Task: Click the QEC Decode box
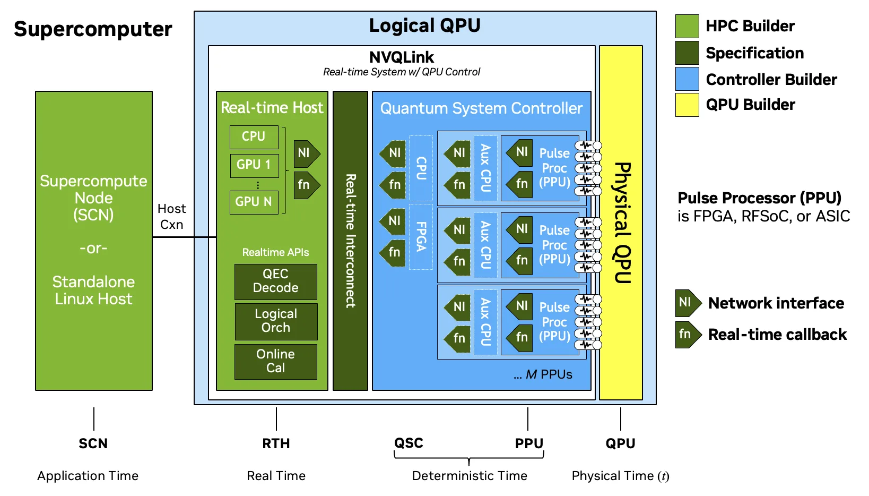[275, 281]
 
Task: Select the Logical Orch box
[276, 321]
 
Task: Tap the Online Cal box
[275, 361]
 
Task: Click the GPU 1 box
[254, 165]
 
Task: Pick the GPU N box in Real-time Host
[254, 202]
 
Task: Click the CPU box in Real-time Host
[254, 137]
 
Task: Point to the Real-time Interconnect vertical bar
[350, 241]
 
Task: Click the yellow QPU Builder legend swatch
[686, 105]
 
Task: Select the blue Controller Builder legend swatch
[686, 79]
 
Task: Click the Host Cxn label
[171, 216]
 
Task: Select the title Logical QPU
[424, 25]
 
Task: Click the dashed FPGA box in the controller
[421, 236]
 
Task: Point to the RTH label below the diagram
[276, 443]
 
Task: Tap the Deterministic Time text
[470, 476]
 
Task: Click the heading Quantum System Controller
[481, 108]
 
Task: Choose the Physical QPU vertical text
[621, 223]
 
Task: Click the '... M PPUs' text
[543, 374]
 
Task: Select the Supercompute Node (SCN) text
[93, 198]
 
